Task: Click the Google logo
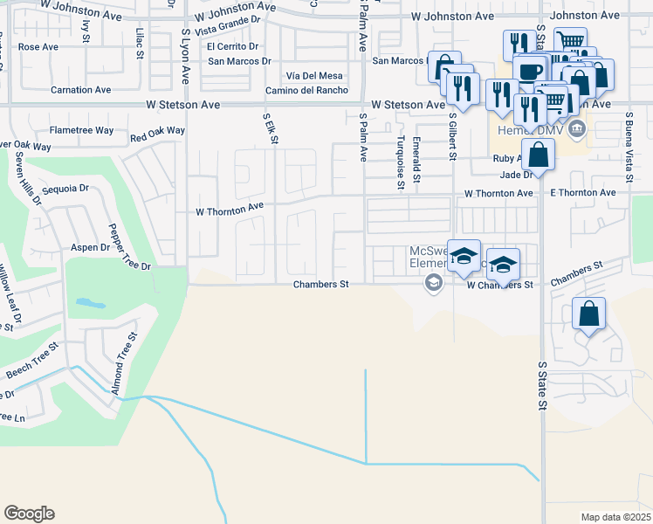click(29, 514)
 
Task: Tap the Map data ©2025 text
click(616, 517)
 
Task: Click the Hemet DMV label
click(524, 131)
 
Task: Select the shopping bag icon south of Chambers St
click(588, 314)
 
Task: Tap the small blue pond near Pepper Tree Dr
click(90, 304)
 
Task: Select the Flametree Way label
click(81, 130)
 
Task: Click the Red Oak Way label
click(157, 134)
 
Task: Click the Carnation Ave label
click(81, 90)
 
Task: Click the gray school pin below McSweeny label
click(432, 282)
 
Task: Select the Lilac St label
click(140, 43)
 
